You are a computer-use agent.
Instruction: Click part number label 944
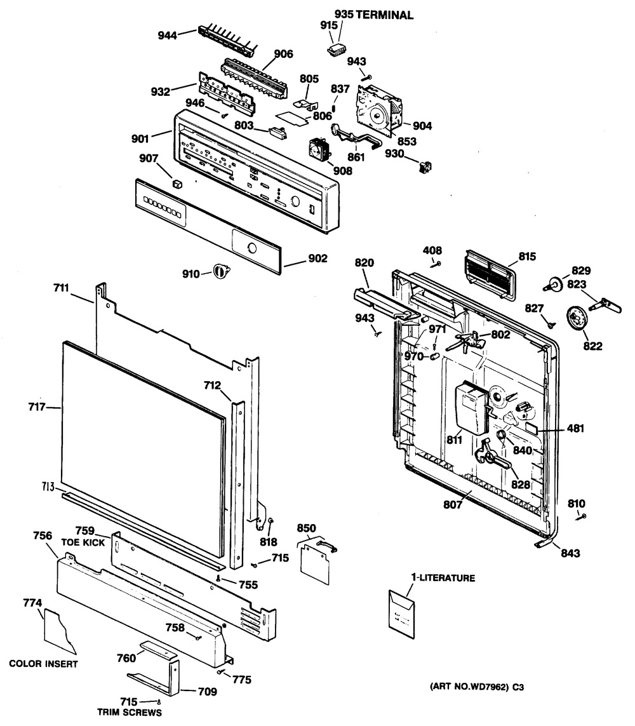[167, 35]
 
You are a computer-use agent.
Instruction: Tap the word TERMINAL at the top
[385, 15]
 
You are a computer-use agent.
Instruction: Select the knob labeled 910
[221, 271]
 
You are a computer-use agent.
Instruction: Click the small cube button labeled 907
[177, 184]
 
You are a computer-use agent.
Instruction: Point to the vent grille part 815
[490, 276]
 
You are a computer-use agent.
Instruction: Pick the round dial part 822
[576, 319]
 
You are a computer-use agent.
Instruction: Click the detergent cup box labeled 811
[472, 408]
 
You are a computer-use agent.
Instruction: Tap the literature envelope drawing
[402, 614]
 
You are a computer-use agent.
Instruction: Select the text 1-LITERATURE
[443, 578]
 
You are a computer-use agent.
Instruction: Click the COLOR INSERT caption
[44, 664]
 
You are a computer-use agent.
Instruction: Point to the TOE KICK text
[83, 542]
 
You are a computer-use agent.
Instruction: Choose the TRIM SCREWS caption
[130, 712]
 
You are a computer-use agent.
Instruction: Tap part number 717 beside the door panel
[37, 407]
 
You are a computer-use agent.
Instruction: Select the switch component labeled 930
[425, 166]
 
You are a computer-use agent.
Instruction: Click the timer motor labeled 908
[319, 149]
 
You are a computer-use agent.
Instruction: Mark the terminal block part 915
[337, 49]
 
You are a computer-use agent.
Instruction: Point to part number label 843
[570, 553]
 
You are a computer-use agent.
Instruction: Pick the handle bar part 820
[382, 303]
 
